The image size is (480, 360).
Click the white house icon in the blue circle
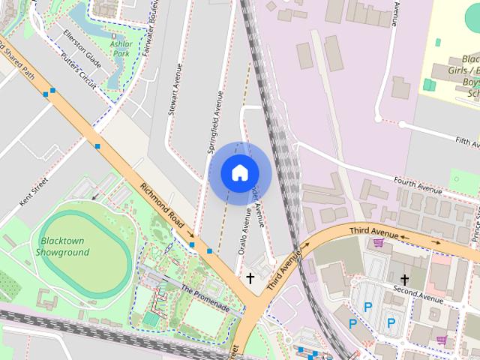[x=239, y=173]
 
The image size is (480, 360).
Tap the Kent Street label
[x=34, y=191]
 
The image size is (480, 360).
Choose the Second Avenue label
[x=421, y=295]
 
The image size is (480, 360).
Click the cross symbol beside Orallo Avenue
[x=250, y=279]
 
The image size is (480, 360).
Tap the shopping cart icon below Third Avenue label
[x=378, y=241]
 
